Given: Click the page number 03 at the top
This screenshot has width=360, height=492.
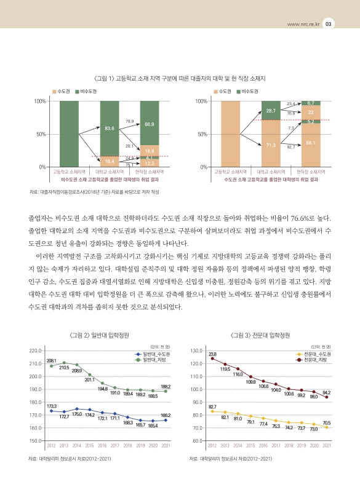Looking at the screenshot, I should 329,24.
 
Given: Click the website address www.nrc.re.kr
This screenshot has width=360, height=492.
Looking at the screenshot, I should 298,25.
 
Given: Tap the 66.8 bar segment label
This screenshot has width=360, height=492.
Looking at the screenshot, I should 149,124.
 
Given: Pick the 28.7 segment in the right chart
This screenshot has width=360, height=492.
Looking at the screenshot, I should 271,111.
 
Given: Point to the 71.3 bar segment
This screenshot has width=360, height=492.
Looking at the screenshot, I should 271,145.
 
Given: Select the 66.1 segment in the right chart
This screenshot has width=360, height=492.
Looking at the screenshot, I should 311,143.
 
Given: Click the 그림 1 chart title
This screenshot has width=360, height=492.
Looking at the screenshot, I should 180,79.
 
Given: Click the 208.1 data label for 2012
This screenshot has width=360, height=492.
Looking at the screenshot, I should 52,360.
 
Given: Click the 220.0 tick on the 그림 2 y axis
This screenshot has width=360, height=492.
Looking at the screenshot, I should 35,351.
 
